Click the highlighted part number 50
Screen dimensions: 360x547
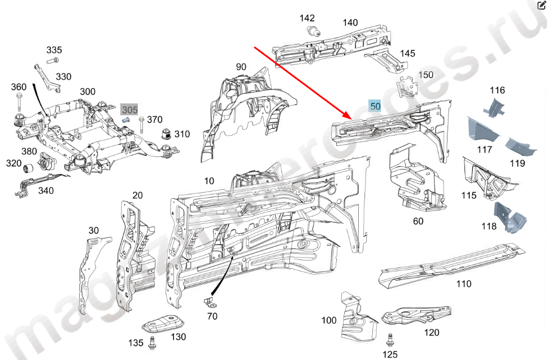(375, 105)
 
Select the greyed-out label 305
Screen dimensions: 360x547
(129, 109)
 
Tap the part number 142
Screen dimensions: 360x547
(307, 18)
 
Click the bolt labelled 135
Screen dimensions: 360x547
(151, 342)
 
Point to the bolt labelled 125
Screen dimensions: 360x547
(389, 340)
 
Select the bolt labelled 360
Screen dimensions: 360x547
(19, 103)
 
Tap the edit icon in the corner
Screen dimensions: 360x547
(541, 6)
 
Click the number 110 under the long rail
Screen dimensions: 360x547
(463, 284)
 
